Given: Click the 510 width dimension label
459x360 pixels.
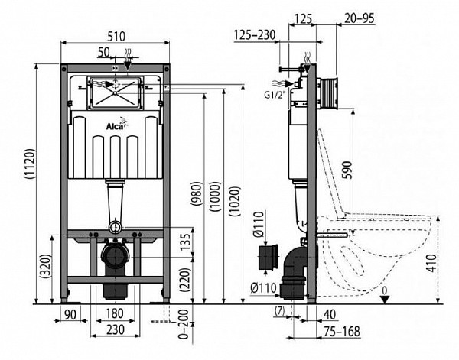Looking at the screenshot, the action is coord(116,36).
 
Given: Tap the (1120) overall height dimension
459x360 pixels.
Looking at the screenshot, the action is coord(30,164).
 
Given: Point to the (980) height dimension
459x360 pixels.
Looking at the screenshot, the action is coord(197,193).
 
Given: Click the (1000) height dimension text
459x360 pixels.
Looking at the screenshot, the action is coord(215,196).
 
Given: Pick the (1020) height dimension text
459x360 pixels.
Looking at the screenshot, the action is coord(235,201).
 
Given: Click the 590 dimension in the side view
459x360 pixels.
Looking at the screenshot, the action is coord(347,170).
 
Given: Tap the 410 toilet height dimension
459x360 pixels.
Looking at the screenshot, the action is coord(431,263).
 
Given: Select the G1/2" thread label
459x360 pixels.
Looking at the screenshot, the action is coord(275,95).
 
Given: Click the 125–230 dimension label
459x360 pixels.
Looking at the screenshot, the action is coord(255,35).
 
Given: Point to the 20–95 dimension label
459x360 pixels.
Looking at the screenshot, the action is coord(360,18).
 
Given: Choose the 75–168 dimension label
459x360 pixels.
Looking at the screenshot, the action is coord(342,332).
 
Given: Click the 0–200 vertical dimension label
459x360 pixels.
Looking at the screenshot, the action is coord(184,324).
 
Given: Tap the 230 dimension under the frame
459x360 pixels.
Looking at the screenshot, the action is coord(116,329).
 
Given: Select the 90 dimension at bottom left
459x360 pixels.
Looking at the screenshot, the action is coord(70,314).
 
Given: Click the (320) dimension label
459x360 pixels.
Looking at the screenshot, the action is coord(45,266).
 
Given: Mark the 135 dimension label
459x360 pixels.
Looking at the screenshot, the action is coord(185,242).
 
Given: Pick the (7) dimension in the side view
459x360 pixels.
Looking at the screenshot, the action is coord(280,311).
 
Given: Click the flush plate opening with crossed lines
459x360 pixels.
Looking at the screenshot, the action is coord(116,93).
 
